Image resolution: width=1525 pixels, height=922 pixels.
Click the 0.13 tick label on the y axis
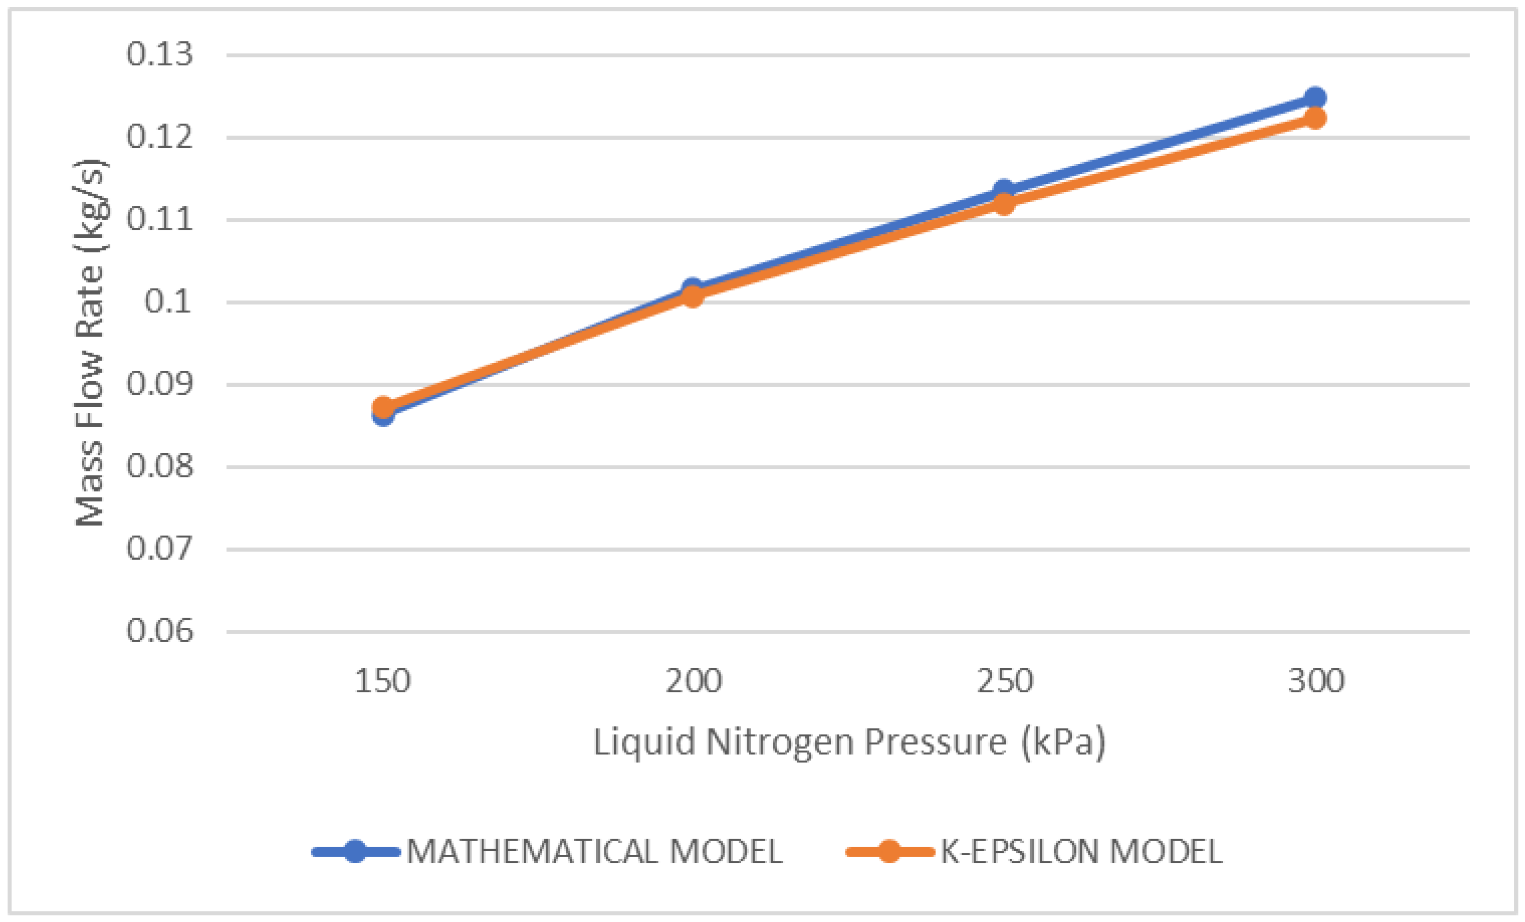click(160, 54)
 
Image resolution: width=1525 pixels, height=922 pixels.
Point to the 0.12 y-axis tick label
click(160, 137)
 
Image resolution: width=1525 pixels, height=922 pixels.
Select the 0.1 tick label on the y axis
click(168, 302)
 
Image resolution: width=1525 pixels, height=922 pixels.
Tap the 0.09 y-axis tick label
click(160, 384)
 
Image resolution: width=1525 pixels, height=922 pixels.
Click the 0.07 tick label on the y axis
click(160, 549)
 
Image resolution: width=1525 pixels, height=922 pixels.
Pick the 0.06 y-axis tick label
click(160, 632)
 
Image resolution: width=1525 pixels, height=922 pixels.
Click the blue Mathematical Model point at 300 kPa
click(1315, 97)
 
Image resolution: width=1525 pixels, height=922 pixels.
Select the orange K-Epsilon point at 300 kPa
click(1315, 117)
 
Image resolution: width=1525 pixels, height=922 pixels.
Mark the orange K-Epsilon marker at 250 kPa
click(1004, 203)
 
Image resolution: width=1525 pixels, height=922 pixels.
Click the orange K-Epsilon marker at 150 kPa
click(383, 408)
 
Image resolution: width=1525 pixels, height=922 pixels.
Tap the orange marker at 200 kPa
click(692, 296)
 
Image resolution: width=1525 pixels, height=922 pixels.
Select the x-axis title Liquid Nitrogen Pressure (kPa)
click(849, 742)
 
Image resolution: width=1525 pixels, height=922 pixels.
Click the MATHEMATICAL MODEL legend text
click(594, 852)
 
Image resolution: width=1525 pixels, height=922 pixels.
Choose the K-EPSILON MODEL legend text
click(1081, 852)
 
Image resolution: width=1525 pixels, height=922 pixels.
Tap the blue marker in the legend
click(355, 852)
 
